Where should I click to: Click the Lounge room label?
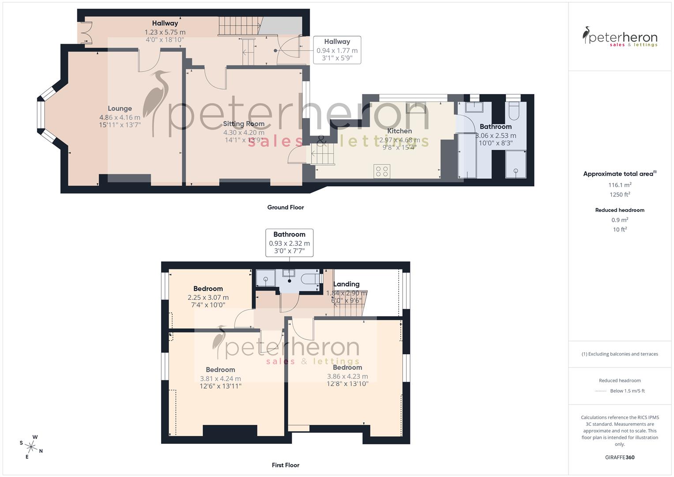click(120, 109)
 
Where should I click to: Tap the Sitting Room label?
click(244, 124)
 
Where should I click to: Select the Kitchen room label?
click(399, 131)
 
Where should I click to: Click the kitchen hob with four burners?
click(382, 171)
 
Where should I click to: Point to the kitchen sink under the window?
click(416, 107)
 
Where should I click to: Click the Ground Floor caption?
click(286, 207)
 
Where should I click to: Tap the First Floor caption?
click(286, 465)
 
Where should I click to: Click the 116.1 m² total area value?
click(620, 185)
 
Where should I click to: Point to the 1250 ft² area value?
click(620, 195)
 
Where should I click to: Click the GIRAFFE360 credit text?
click(620, 458)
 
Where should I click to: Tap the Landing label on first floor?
click(346, 284)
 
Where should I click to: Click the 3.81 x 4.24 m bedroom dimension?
click(220, 379)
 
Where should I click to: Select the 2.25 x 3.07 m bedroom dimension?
click(208, 298)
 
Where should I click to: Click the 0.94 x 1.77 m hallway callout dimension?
click(337, 50)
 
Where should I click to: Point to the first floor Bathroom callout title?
click(289, 235)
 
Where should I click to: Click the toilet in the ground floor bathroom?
click(515, 111)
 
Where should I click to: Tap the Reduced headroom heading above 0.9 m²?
click(620, 210)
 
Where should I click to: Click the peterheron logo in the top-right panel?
click(620, 37)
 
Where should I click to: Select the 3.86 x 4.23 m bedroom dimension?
click(347, 377)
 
